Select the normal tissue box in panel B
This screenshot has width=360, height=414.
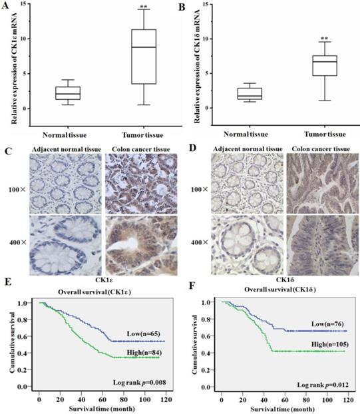[x=234, y=93]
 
